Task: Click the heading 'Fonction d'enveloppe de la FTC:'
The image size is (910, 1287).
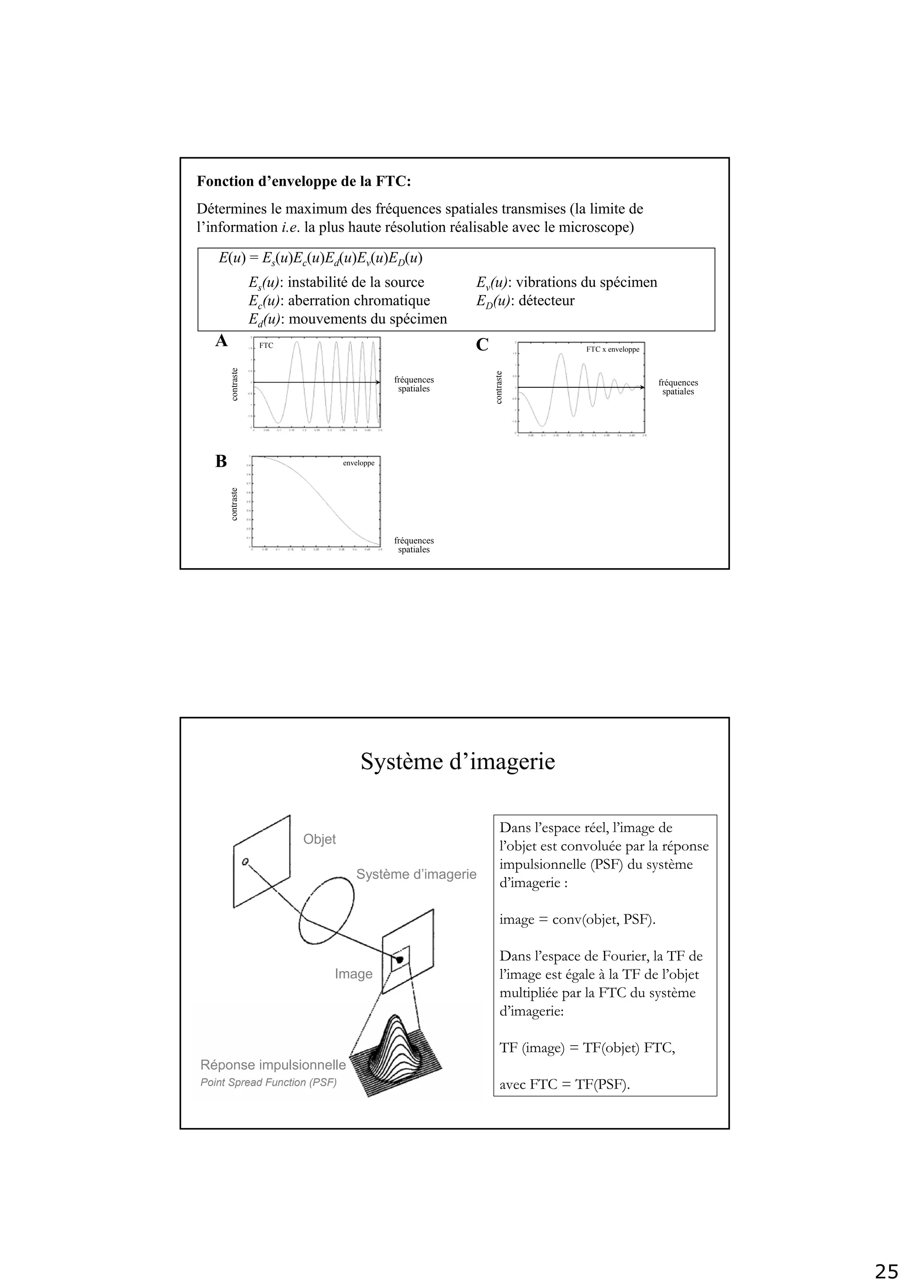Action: point(303,182)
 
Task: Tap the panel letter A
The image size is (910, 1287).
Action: point(221,341)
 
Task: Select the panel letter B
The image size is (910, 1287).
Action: point(221,461)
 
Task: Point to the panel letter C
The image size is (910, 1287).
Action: point(482,345)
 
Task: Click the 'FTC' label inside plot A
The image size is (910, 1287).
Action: point(266,346)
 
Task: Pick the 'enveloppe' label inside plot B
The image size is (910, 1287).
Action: point(358,463)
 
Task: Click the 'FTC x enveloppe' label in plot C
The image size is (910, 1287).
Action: point(612,349)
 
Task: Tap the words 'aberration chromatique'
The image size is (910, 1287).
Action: point(359,301)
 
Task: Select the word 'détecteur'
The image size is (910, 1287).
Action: point(546,301)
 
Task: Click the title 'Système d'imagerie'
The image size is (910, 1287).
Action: point(458,762)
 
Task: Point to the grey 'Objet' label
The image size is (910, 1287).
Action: point(319,839)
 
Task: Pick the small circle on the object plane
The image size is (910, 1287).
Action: point(245,861)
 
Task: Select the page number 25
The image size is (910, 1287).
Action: point(886,1271)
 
